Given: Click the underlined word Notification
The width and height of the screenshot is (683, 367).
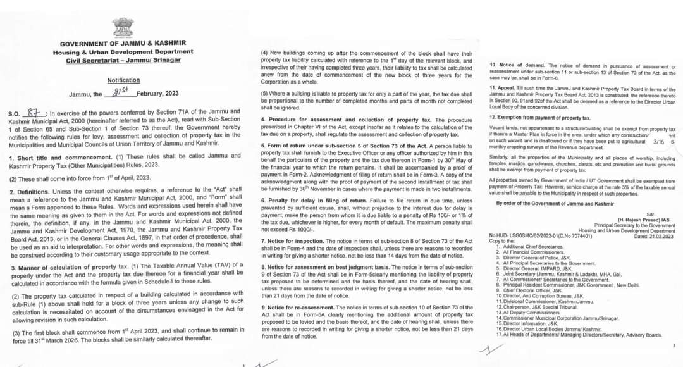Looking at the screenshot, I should (x=123, y=80).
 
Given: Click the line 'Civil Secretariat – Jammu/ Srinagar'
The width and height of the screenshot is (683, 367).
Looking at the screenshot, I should (x=123, y=60).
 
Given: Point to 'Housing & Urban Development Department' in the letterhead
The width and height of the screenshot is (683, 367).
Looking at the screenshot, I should (x=123, y=52).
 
